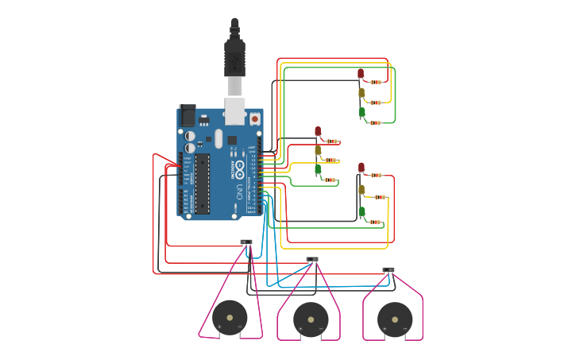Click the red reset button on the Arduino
(254, 119)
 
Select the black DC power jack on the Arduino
(187, 115)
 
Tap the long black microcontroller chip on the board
(203, 183)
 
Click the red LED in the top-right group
(361, 74)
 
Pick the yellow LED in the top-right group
(361, 93)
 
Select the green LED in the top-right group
(362, 113)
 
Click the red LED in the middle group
(318, 132)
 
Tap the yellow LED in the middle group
(318, 150)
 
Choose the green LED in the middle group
(318, 169)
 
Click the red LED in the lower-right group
(361, 168)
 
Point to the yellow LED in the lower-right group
(361, 189)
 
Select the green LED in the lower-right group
(362, 212)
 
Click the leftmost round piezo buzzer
(230, 318)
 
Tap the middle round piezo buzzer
(311, 319)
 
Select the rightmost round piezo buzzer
(395, 319)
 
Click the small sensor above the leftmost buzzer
(246, 242)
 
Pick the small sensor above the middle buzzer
(312, 259)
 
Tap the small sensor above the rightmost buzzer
(389, 270)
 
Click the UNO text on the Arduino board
(239, 192)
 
